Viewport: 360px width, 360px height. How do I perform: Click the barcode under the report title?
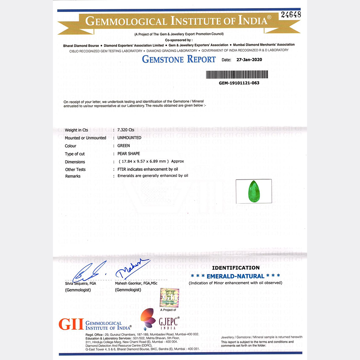pyautogui.click(x=237, y=74)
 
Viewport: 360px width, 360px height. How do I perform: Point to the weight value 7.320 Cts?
pyautogui.click(x=126, y=130)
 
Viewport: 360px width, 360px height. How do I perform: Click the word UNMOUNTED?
pyautogui.click(x=129, y=138)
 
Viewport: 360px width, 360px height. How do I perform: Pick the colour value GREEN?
pyautogui.click(x=123, y=146)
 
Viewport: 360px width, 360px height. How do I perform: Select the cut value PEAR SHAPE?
pyautogui.click(x=129, y=154)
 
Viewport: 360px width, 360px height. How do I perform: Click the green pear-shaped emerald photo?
pyautogui.click(x=253, y=191)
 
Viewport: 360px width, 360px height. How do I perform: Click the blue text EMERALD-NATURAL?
pyautogui.click(x=235, y=276)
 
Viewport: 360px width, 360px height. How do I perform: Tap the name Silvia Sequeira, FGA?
pyautogui.click(x=81, y=283)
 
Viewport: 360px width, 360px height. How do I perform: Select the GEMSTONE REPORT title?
pyautogui.click(x=179, y=59)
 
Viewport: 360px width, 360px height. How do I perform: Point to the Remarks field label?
pyautogui.click(x=73, y=176)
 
